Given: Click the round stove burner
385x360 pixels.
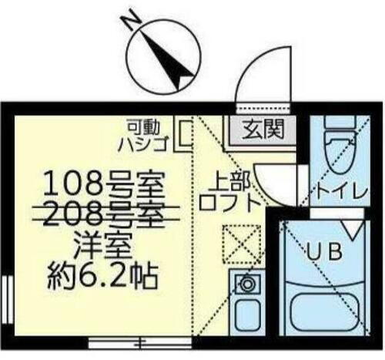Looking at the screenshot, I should coord(246,283).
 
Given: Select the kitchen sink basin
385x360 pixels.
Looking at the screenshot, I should coord(246,315).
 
